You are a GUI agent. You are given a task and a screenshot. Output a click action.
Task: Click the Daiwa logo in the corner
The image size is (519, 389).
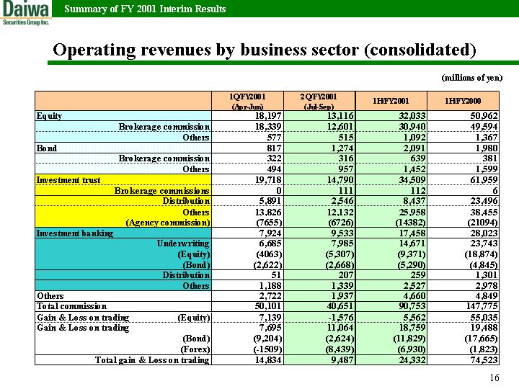tap(25, 12)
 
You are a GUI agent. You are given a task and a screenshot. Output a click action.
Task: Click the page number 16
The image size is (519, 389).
tap(494, 377)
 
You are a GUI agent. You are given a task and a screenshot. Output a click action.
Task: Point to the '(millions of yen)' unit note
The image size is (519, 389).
tap(472, 78)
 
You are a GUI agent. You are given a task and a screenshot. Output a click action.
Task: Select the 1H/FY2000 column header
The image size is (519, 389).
tap(463, 101)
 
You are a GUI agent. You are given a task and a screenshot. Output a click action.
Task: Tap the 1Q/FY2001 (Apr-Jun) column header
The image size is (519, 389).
tap(247, 102)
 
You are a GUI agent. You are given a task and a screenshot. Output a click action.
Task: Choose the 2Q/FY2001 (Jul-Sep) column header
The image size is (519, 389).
tap(319, 102)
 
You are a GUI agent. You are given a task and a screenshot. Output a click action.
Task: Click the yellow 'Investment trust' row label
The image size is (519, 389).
tap(68, 180)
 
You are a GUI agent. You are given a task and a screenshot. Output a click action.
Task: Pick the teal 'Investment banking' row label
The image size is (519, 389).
tap(75, 233)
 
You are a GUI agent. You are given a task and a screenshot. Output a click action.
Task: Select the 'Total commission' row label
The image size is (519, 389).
tap(72, 306)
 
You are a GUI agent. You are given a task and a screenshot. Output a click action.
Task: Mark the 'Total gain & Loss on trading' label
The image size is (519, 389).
tap(152, 360)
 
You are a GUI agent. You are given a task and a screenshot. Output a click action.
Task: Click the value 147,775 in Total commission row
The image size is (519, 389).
tap(482, 306)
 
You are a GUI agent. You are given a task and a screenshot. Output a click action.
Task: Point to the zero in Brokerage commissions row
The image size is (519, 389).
tap(279, 190)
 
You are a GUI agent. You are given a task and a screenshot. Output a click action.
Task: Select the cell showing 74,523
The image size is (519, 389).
tap(484, 360)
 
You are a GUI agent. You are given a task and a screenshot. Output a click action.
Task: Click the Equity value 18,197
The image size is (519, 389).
tap(268, 116)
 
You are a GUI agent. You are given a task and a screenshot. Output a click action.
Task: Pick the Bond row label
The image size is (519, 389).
tap(47, 148)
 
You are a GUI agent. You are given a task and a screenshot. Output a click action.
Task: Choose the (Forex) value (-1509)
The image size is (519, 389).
tap(270, 349)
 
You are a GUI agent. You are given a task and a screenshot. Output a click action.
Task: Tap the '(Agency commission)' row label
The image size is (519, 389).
tap(168, 223)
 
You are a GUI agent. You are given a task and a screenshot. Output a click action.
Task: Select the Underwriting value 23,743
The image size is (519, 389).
tap(484, 243)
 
